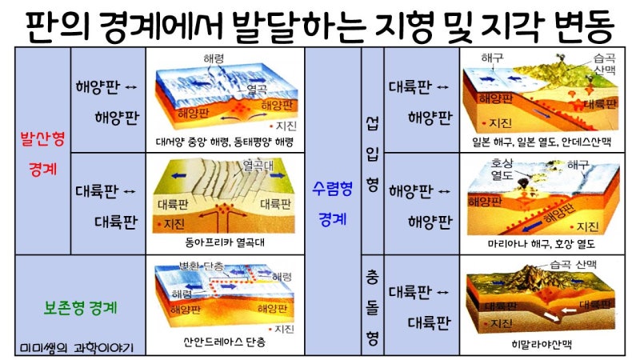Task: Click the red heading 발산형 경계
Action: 43,154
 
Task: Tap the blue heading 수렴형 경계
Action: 332,204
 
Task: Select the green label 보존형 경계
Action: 81,307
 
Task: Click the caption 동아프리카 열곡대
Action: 225,242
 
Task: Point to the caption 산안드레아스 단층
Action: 225,342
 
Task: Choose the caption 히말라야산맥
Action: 542,345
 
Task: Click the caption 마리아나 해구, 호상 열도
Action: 542,244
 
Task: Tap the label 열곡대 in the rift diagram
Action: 258,166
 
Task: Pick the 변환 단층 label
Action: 202,266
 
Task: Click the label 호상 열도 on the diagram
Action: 502,170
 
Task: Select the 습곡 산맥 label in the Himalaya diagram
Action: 573,265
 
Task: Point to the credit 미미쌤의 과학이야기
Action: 77,348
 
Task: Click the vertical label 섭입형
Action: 372,154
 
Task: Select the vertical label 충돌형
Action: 372,308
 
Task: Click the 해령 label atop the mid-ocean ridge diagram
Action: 214,58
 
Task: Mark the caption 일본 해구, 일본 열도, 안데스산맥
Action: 542,142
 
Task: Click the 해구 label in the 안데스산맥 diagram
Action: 492,58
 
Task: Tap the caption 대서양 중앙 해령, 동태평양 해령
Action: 225,142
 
